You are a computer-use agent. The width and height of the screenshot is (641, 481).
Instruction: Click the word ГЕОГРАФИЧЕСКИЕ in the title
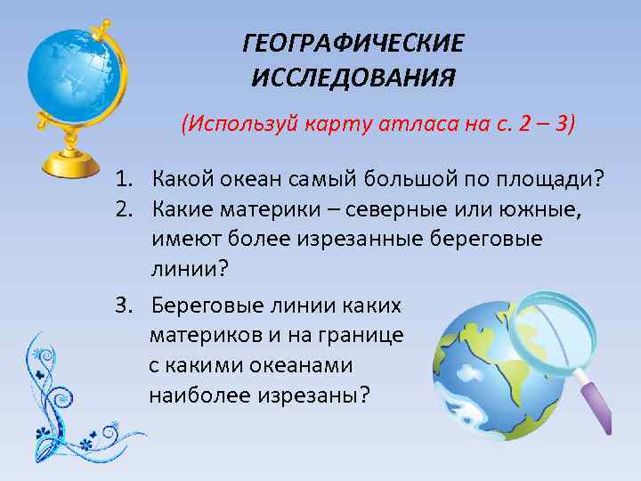[353, 43]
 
